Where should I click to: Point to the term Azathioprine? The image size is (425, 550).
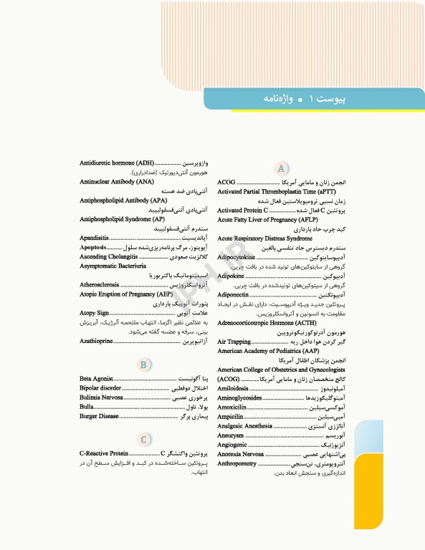click(x=96, y=340)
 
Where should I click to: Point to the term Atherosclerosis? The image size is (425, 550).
click(x=100, y=284)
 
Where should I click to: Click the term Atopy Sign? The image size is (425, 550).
click(x=94, y=312)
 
